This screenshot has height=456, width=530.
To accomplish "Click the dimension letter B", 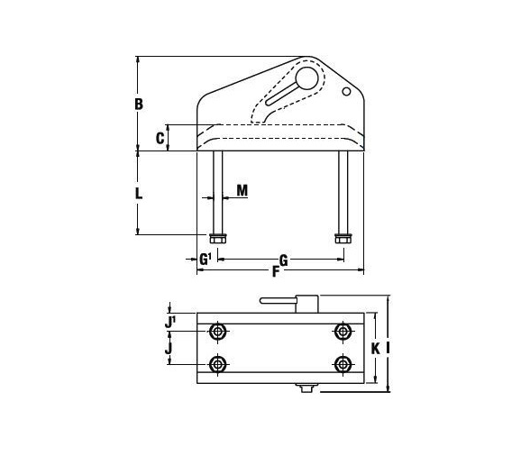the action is pyautogui.click(x=139, y=105).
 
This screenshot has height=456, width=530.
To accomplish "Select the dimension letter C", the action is pyautogui.click(x=160, y=138).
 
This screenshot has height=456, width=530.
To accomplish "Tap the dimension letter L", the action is pyautogui.click(x=139, y=194).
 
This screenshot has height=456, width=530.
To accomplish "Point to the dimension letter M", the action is pyautogui.click(x=242, y=191).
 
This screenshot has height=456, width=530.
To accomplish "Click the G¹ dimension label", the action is pyautogui.click(x=206, y=260).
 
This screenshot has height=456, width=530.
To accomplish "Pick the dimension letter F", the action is pyautogui.click(x=276, y=271).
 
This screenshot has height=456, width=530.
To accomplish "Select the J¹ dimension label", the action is pyautogui.click(x=169, y=321).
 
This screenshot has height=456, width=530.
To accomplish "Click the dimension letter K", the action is pyautogui.click(x=375, y=348).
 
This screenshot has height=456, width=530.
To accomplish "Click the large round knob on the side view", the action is pyautogui.click(x=306, y=78).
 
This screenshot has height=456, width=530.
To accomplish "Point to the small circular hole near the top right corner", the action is pyautogui.click(x=346, y=91).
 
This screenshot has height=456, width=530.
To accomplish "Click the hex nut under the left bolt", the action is pyautogui.click(x=218, y=238).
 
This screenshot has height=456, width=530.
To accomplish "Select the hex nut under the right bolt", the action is pyautogui.click(x=343, y=238).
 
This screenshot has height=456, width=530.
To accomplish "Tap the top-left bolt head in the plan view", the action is pyautogui.click(x=218, y=332).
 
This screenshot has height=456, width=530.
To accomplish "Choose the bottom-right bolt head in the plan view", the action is pyautogui.click(x=343, y=364).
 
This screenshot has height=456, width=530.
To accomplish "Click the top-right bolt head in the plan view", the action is pyautogui.click(x=343, y=332).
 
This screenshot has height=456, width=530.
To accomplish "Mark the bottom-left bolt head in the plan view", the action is pyautogui.click(x=218, y=364).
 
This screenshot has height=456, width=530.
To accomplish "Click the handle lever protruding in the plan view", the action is pyautogui.click(x=278, y=300).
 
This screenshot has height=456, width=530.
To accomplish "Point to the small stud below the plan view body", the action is pyautogui.click(x=306, y=388).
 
